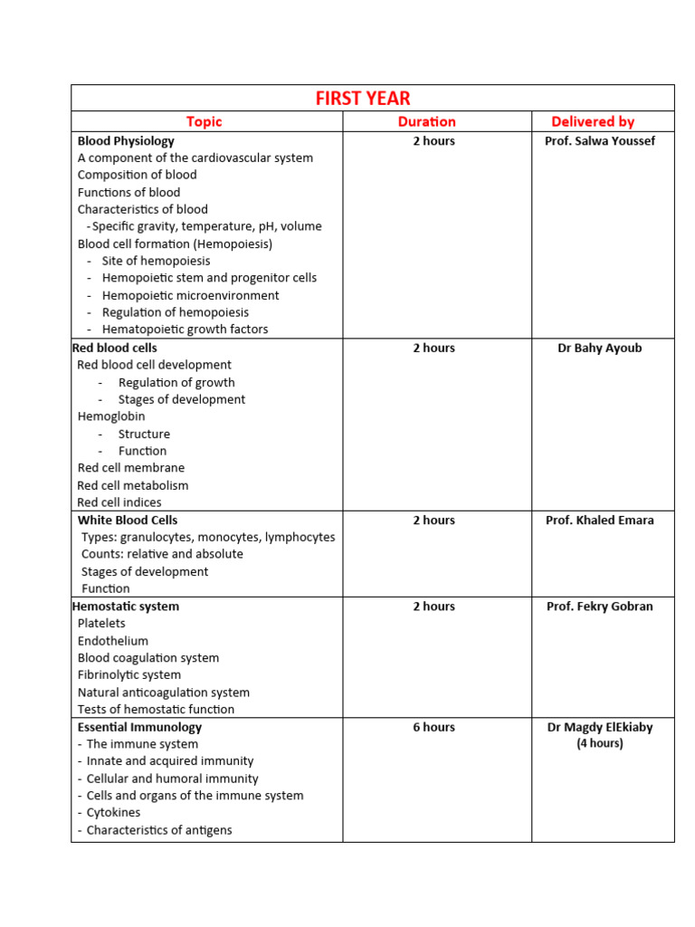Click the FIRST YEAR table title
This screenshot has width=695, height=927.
(x=363, y=99)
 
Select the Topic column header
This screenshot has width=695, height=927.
(x=204, y=121)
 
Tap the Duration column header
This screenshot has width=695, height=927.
(x=426, y=121)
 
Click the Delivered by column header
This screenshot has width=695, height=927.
(x=593, y=121)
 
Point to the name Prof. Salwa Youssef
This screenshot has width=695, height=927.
(x=599, y=141)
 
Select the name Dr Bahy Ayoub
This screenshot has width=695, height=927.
(x=599, y=349)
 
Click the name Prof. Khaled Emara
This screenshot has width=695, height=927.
(x=599, y=521)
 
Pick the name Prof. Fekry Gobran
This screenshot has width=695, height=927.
(x=599, y=607)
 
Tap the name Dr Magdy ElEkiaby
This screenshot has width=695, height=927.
(x=599, y=727)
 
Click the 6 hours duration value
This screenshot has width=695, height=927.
(x=433, y=727)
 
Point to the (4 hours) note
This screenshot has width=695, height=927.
(x=599, y=744)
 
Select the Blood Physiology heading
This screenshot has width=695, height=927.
(x=126, y=141)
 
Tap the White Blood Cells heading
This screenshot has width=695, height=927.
(x=128, y=521)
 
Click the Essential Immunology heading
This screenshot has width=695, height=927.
(x=139, y=727)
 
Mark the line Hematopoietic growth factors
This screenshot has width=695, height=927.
(x=185, y=330)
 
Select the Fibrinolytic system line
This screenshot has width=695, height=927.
(x=129, y=675)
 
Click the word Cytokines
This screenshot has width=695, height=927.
(x=113, y=813)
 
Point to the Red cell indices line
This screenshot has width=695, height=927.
(x=119, y=502)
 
